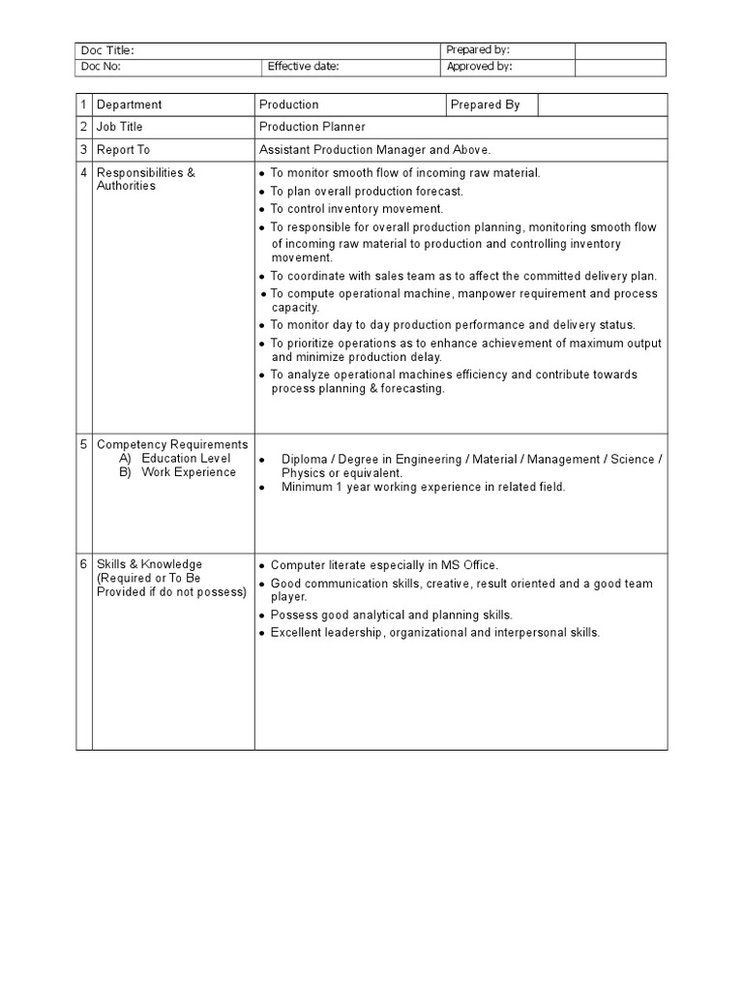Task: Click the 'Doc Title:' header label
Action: tap(107, 50)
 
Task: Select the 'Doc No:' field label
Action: tap(101, 68)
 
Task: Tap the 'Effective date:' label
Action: tap(304, 68)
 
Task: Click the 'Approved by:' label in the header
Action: tap(479, 68)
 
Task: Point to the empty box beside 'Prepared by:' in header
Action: tap(620, 50)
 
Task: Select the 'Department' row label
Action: tap(129, 105)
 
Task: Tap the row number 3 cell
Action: tap(84, 150)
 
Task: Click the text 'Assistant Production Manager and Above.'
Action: tap(375, 150)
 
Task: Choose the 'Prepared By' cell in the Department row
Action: tap(486, 105)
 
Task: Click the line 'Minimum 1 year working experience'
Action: tap(423, 488)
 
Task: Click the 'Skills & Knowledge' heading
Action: tap(149, 564)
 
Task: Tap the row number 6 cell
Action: tap(84, 564)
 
